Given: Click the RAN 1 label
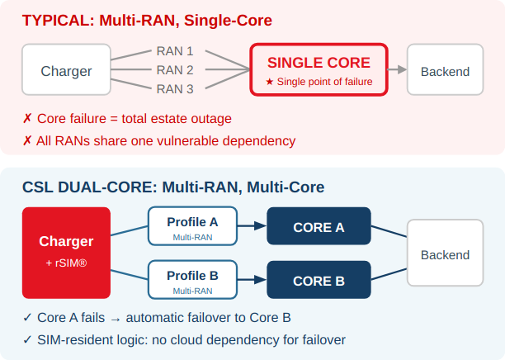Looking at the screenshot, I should tap(174, 51).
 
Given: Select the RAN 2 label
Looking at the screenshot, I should tap(174, 70).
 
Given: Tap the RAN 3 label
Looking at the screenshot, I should tap(174, 89).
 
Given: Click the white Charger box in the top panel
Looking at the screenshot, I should tap(66, 71).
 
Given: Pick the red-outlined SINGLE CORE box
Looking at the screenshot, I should tap(319, 70).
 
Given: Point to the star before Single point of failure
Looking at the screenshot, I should tap(269, 82).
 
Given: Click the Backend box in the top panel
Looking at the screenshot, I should tap(445, 71).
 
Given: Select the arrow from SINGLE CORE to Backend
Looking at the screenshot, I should tap(397, 70).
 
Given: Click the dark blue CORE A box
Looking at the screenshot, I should tap(319, 227).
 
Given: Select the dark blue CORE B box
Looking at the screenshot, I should tap(319, 281).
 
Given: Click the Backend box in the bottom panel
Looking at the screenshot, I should tap(445, 254).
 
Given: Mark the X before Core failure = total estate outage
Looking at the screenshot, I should tap(27, 119).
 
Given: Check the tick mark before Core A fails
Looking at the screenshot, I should tap(27, 318).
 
